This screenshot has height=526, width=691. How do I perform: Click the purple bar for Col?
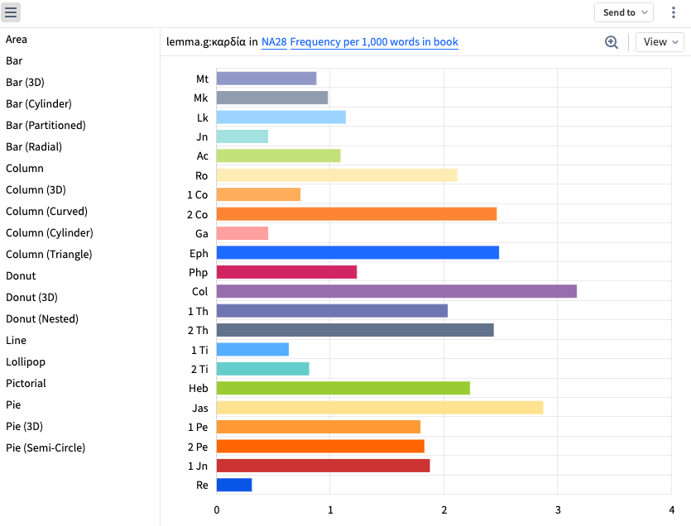396,291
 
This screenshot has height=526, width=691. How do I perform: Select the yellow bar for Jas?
379,407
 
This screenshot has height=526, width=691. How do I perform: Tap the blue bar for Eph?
357,253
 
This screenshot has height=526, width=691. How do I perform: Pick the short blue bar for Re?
234,485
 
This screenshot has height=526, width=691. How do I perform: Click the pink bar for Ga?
242,233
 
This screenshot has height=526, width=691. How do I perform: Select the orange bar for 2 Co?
356,214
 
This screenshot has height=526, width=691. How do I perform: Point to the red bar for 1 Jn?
323,466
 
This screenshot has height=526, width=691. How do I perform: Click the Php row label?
199,272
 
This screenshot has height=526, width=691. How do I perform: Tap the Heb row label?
199,388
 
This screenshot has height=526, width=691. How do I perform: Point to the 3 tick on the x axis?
558,510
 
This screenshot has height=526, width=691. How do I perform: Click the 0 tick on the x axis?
217,510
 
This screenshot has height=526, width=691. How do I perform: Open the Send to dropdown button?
624,12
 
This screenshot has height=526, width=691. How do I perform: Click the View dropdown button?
660,42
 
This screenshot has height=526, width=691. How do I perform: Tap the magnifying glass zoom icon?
612,42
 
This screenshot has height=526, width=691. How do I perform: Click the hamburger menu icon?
12,12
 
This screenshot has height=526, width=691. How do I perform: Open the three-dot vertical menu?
673,12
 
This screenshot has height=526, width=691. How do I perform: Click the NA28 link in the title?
273,42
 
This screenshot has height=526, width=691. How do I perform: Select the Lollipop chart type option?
26,362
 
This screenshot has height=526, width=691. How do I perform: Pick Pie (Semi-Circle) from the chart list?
46,448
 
